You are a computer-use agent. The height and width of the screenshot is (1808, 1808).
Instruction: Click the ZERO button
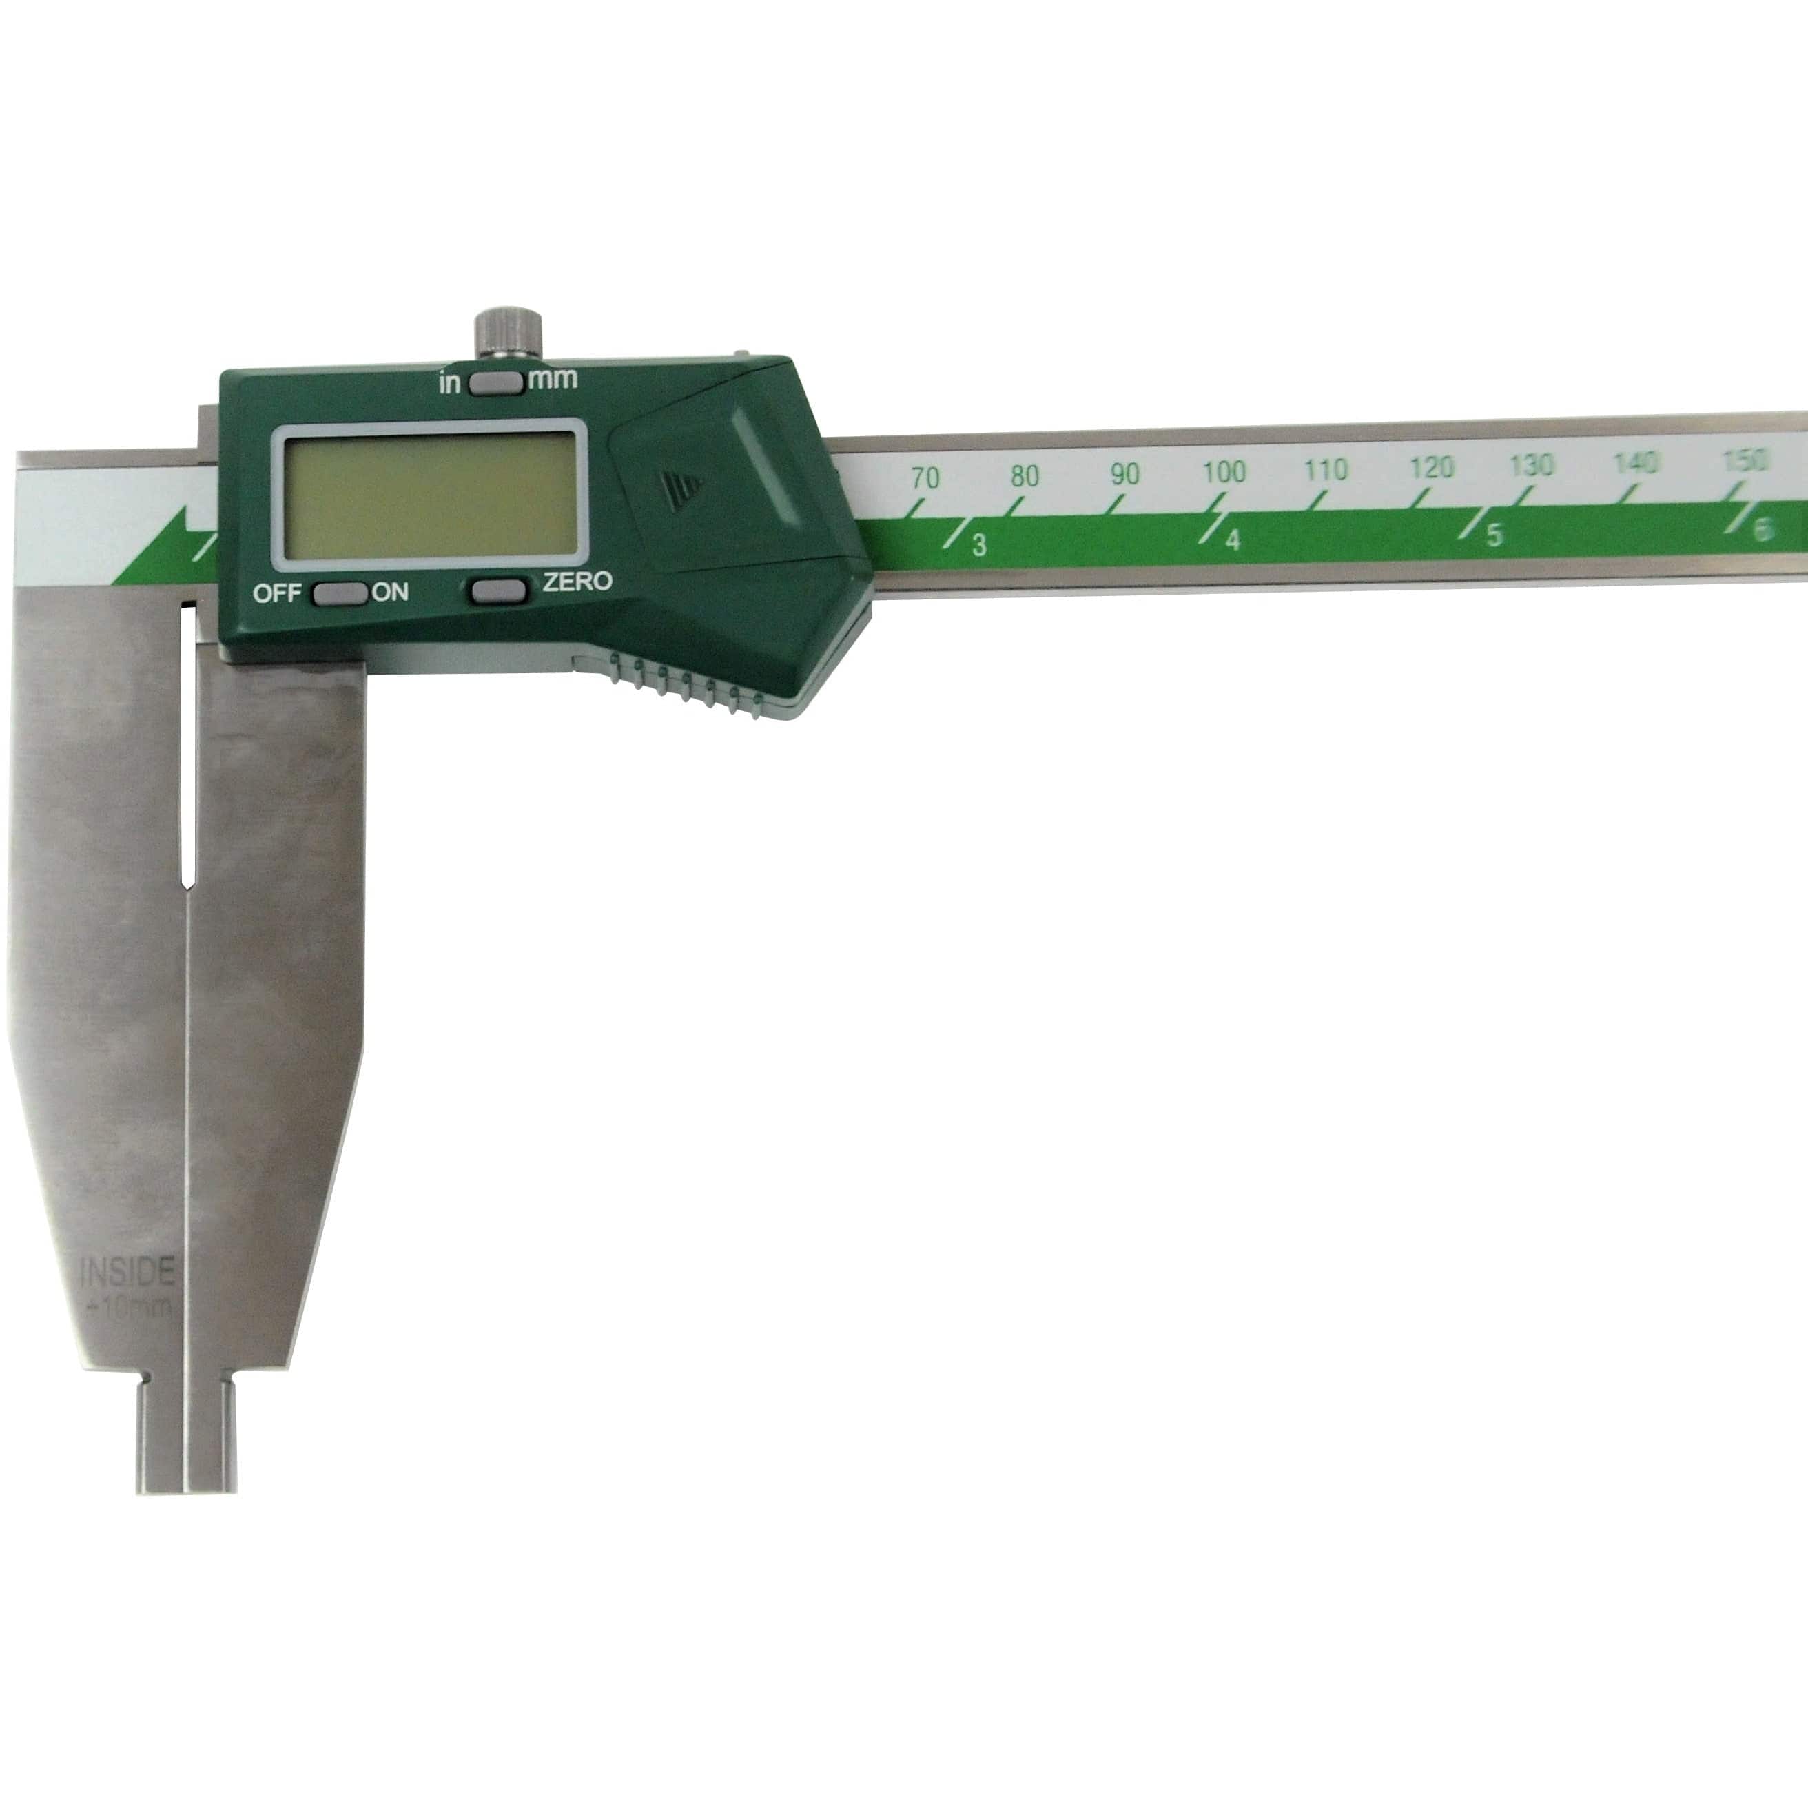tap(497, 590)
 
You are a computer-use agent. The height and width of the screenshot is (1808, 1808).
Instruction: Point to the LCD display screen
tap(429, 497)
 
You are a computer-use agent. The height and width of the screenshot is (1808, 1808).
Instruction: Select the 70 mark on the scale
tap(925, 478)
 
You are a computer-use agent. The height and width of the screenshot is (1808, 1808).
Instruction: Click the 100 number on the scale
tap(1223, 472)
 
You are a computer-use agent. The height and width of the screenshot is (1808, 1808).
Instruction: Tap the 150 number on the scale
tap(1745, 460)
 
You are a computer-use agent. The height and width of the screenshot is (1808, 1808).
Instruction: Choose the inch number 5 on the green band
tap(1494, 535)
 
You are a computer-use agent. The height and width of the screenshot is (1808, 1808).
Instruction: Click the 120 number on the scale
tap(1431, 468)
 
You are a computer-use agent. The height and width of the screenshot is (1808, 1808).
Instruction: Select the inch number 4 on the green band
tap(1233, 541)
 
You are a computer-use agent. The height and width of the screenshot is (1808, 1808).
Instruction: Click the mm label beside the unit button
tap(553, 379)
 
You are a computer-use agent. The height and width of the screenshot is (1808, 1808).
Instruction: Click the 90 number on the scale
tap(1125, 475)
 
